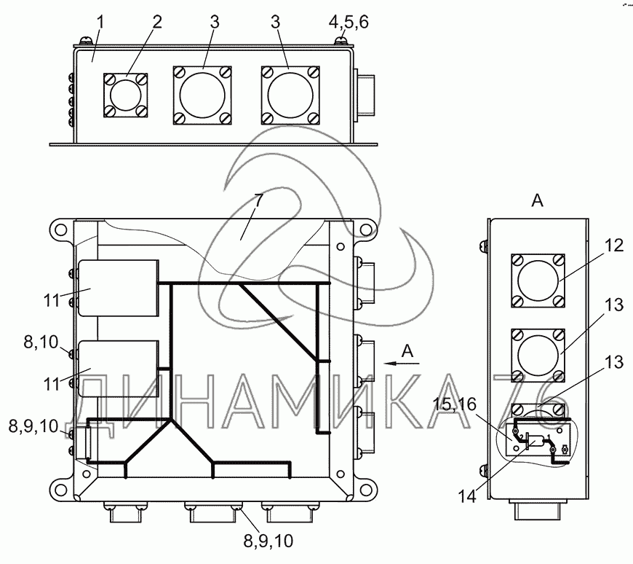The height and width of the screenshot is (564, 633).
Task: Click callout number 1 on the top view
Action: (100, 23)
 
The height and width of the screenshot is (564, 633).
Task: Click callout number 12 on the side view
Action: (613, 246)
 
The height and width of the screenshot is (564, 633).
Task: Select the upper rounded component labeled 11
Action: (119, 288)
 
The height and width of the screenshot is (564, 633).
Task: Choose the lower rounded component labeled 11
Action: (119, 369)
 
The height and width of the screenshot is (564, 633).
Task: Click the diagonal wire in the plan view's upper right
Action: (280, 321)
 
